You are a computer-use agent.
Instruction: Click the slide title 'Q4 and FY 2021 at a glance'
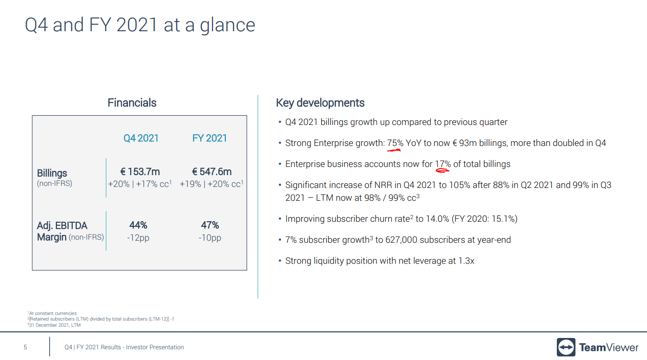140,25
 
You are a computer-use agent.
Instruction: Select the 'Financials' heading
132,103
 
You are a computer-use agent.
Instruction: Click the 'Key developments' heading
320,103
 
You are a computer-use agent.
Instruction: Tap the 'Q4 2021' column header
141,138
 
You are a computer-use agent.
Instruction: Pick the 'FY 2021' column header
210,138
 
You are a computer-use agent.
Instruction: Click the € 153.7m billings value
140,172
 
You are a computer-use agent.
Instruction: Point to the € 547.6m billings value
212,172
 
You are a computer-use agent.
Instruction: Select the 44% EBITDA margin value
138,225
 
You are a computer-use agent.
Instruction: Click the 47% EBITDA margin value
210,225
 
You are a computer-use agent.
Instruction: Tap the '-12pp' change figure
138,238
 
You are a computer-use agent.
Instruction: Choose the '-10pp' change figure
210,238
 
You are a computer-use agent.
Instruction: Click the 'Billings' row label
52,173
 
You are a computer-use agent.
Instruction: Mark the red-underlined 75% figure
395,143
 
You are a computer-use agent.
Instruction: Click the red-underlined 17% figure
443,164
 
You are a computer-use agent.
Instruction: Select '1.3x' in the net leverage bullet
466,261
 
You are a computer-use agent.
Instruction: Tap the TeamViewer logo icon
566,347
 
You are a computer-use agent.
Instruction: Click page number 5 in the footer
25,347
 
